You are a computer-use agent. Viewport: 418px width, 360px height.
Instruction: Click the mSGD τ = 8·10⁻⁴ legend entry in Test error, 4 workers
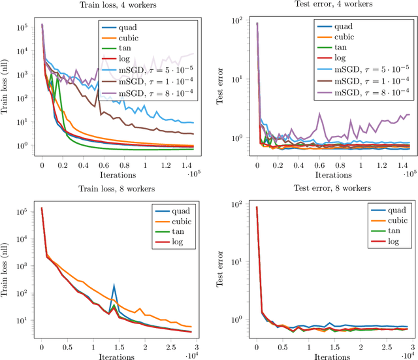coord(368,93)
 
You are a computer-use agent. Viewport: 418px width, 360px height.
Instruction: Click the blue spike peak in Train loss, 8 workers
coord(114,285)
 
